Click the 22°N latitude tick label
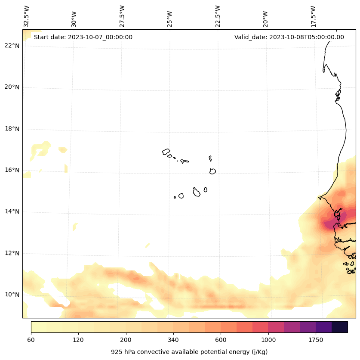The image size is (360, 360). pyautogui.click(x=12, y=46)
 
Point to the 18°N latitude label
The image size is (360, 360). pyautogui.click(x=12, y=129)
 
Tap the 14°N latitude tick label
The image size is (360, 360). pyautogui.click(x=12, y=212)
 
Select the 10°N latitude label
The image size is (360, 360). pyautogui.click(x=12, y=295)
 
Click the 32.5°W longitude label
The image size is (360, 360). pyautogui.click(x=27, y=16)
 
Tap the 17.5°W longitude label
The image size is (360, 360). pyautogui.click(x=314, y=16)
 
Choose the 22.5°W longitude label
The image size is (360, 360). pyautogui.click(x=218, y=16)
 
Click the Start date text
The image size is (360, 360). pyautogui.click(x=83, y=37)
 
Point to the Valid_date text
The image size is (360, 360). pyautogui.click(x=289, y=37)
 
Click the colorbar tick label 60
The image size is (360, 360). pyautogui.click(x=31, y=340)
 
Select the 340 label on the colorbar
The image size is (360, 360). pyautogui.click(x=173, y=340)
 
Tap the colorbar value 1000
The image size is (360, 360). pyautogui.click(x=268, y=340)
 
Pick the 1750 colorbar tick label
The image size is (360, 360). pyautogui.click(x=316, y=340)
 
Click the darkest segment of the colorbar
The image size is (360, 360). pyautogui.click(x=339, y=327)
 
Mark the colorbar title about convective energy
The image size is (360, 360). pyautogui.click(x=189, y=352)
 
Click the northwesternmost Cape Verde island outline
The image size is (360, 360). pyautogui.click(x=166, y=152)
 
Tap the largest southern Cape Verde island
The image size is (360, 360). pyautogui.click(x=197, y=192)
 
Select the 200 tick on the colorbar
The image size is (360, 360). pyautogui.click(x=126, y=340)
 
